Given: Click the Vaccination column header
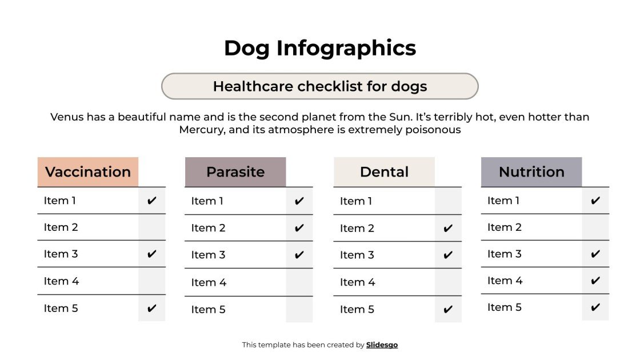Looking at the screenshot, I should (88, 172).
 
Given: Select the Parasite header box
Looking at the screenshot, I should (235, 172).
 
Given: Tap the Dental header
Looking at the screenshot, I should (384, 172).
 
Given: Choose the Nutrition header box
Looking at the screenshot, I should (531, 172).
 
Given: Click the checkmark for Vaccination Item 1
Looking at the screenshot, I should (151, 201).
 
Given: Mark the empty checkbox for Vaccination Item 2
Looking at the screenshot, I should (151, 227).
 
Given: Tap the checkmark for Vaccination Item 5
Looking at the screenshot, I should (151, 309).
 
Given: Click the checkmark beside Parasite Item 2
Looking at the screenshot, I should (299, 228).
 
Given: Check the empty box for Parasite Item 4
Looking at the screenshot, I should (299, 282).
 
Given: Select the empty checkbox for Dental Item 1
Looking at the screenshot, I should (448, 201).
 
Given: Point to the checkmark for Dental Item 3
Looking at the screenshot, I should (448, 255).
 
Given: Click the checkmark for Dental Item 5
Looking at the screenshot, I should (448, 310).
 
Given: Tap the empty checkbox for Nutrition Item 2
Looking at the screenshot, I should (595, 227).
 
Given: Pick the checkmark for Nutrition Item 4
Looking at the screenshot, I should (595, 281).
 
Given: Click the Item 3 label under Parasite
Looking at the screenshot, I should (208, 255).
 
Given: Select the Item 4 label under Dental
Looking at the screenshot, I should (357, 282).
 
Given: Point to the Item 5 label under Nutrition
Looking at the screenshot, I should (504, 307).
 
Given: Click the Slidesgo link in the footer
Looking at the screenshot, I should (382, 345).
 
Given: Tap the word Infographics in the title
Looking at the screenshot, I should (346, 48).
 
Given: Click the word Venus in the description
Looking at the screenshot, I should (66, 117).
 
